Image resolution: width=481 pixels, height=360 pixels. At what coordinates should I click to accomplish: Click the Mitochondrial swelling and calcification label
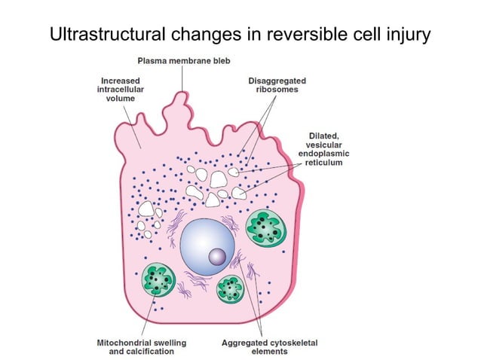pos(142,346)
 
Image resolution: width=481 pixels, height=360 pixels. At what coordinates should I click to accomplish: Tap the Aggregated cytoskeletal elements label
pos(269,346)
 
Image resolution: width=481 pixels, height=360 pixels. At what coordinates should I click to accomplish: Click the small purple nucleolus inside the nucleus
pos(217,257)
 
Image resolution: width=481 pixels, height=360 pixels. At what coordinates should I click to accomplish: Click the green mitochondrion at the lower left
pos(160,280)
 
